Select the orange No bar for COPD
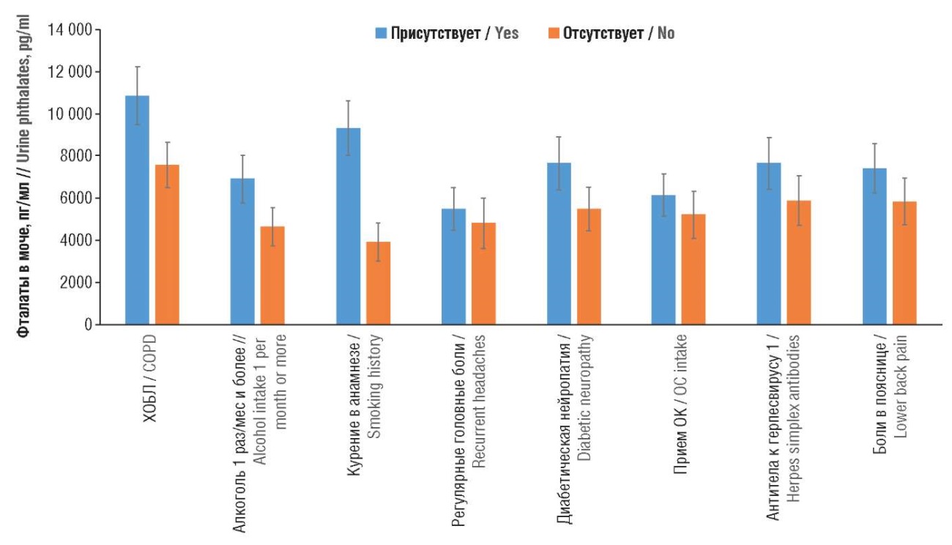pos(167,245)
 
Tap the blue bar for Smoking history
pos(348,226)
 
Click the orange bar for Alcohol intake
pos(272,275)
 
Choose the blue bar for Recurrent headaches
pos(453,267)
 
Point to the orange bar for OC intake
pos(693,270)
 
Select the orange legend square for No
pos(554,34)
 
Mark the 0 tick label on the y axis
pos(87,325)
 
